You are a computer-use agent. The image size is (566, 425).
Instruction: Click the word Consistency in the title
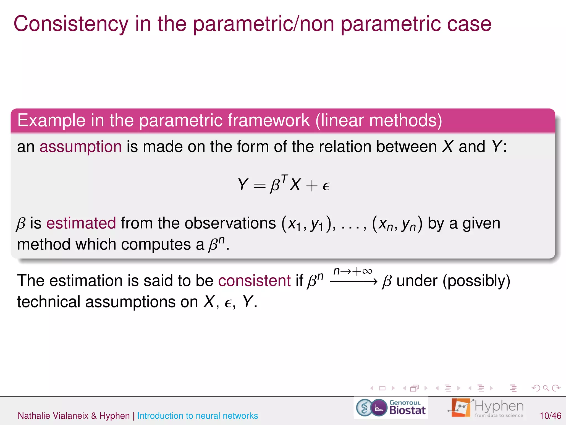(x=71, y=24)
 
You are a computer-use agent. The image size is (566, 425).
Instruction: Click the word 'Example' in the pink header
(x=51, y=121)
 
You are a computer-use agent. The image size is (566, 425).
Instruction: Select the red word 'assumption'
(x=80, y=147)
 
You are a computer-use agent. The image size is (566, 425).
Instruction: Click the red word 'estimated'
(x=81, y=223)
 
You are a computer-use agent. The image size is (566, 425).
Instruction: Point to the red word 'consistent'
(x=254, y=281)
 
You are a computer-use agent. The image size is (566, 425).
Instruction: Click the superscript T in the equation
(x=285, y=178)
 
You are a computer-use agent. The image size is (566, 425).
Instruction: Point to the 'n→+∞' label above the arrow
(x=353, y=271)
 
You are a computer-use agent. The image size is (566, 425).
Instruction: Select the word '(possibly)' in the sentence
(x=476, y=281)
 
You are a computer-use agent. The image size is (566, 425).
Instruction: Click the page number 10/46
(x=550, y=416)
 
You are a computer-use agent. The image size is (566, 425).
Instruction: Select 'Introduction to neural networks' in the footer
(x=197, y=416)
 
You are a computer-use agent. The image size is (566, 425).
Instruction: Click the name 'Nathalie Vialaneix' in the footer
(x=53, y=416)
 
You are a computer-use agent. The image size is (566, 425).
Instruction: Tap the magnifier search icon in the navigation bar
(x=546, y=388)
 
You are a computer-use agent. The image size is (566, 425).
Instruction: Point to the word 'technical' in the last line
(x=49, y=302)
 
